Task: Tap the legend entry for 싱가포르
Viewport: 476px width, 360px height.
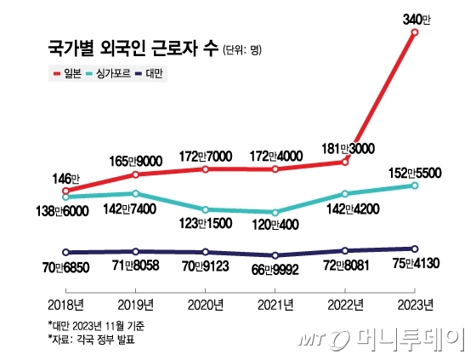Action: [110, 75]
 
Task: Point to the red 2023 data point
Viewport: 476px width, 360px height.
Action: [415, 33]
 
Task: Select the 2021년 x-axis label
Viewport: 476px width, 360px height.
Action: [275, 304]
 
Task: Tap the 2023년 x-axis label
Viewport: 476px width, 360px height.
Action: [415, 304]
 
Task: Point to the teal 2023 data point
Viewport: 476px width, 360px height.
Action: [415, 186]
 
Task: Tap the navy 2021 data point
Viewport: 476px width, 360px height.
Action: [275, 255]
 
